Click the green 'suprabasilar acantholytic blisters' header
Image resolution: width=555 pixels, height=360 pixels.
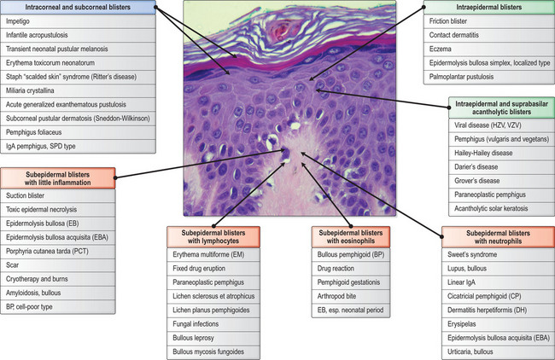499,110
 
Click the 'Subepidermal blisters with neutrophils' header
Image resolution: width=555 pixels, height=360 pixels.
495,236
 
